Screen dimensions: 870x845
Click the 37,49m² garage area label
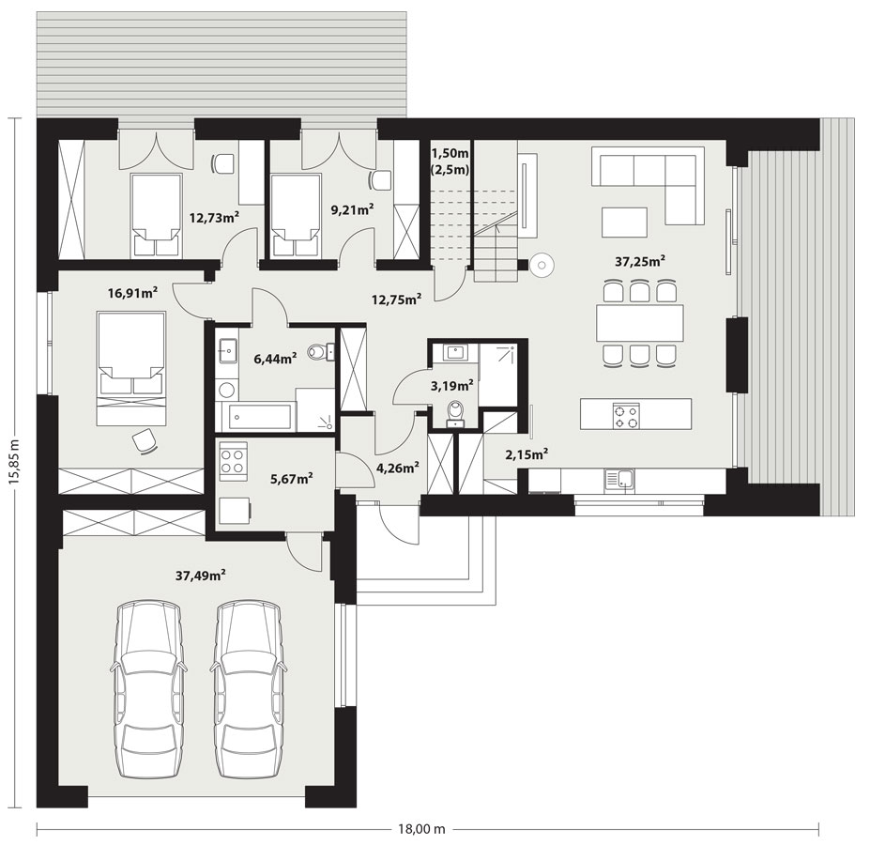[x=200, y=576]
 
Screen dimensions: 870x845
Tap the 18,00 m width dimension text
[x=421, y=829]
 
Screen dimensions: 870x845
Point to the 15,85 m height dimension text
[x=15, y=462]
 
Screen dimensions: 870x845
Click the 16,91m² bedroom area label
[x=133, y=293]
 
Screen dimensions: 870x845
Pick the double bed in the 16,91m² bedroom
[x=132, y=369]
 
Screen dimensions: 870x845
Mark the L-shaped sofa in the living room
[x=649, y=184]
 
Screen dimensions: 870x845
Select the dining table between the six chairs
[x=640, y=323]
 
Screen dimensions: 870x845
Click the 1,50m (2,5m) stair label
[x=450, y=161]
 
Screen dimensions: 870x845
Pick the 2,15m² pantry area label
[x=527, y=454]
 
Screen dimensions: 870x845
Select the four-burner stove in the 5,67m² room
[x=234, y=461]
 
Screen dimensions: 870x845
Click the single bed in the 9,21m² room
[x=296, y=215]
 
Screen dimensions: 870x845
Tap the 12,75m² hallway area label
[x=396, y=300]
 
